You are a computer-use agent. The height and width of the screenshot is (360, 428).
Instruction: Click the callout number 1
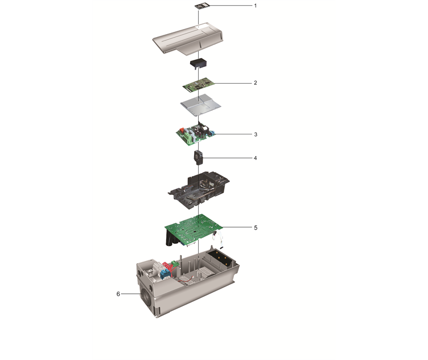(256, 6)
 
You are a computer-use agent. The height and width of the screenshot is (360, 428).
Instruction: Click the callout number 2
(256, 83)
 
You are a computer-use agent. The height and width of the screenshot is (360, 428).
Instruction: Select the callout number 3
(256, 134)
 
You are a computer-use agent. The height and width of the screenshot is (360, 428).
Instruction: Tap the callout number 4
(256, 158)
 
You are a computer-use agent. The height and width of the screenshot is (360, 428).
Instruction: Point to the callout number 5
(256, 227)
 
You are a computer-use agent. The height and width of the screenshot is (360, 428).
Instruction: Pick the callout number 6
(118, 294)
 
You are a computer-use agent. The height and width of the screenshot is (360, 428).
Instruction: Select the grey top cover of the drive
(188, 39)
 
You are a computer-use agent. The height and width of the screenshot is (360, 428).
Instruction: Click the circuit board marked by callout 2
(199, 85)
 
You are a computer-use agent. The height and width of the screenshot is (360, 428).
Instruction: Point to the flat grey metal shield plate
(200, 105)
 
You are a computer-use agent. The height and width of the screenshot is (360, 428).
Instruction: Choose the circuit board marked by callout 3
(195, 133)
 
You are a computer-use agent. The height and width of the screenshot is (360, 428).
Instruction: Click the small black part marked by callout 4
(199, 158)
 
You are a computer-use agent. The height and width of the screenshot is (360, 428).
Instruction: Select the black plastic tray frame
(199, 190)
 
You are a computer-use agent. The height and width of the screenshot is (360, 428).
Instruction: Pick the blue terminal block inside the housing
(164, 274)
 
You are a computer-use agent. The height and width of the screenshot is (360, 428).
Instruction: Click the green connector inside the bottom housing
(175, 264)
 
